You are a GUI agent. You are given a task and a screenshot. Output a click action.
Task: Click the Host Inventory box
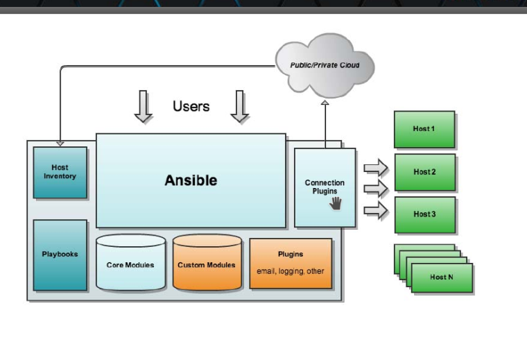[x=60, y=172]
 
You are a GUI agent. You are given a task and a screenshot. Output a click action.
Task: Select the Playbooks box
[x=60, y=255]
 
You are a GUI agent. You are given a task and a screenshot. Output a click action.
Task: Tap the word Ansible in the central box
[x=191, y=180]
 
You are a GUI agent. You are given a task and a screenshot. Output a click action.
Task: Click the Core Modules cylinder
[x=130, y=264]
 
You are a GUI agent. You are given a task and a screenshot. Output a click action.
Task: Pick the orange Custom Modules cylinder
[x=207, y=264]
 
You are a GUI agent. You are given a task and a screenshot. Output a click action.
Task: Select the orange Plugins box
[x=291, y=263]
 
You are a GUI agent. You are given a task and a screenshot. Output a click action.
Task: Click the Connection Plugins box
[x=325, y=187]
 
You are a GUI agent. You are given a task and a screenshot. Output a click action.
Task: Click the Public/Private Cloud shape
[x=325, y=65]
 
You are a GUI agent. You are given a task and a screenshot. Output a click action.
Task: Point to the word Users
[x=191, y=106]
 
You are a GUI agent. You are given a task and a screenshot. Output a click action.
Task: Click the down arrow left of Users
[x=143, y=107]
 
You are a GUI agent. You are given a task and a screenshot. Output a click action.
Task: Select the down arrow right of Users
[x=240, y=107]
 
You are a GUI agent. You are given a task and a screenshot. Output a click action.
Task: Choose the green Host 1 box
[x=424, y=129]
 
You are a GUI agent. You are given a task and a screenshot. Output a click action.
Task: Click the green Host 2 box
[x=424, y=172]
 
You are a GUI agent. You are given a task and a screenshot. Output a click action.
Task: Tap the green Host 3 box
[x=424, y=214]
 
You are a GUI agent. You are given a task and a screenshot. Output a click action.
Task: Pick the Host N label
[x=442, y=277]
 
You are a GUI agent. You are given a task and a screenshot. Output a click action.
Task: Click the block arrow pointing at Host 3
[x=376, y=210]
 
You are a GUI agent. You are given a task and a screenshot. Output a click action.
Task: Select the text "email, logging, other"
[x=291, y=271]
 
